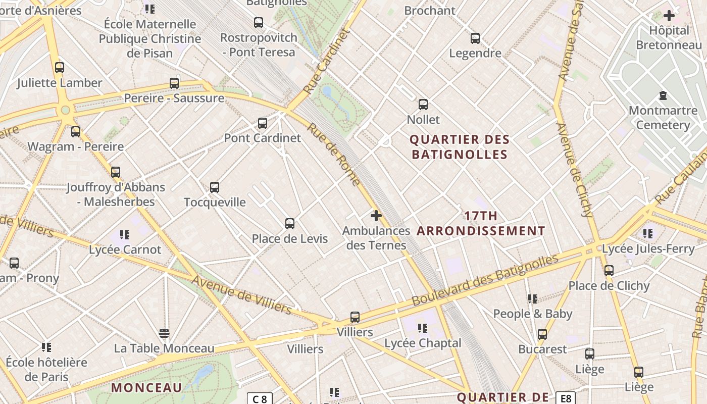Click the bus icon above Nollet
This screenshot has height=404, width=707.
coord(423,105)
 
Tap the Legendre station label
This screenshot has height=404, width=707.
coord(475,53)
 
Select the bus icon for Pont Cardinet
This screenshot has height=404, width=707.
coord(263,123)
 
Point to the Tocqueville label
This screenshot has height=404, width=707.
coord(215,202)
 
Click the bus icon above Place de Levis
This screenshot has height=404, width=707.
coord(290,223)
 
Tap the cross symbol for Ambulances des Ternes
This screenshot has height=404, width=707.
coord(376,216)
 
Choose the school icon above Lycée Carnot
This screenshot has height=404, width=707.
coord(125,234)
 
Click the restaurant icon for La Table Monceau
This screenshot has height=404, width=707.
coord(164,333)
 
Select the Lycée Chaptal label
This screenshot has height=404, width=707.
coord(423,343)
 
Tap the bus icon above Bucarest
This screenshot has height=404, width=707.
coord(542,334)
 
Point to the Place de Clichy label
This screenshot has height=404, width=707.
coord(609,286)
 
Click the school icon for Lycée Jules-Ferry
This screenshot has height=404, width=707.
coord(648,233)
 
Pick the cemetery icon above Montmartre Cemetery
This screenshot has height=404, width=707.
coord(663,95)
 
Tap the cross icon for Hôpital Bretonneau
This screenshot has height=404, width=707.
coord(669,16)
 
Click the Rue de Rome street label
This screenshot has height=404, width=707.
coord(334,155)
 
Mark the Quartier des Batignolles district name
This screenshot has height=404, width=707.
coord(460,146)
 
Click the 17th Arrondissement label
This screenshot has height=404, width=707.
coord(481,223)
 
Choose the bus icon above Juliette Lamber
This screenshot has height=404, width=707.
coord(60,67)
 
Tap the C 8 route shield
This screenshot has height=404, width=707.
coord(260,399)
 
